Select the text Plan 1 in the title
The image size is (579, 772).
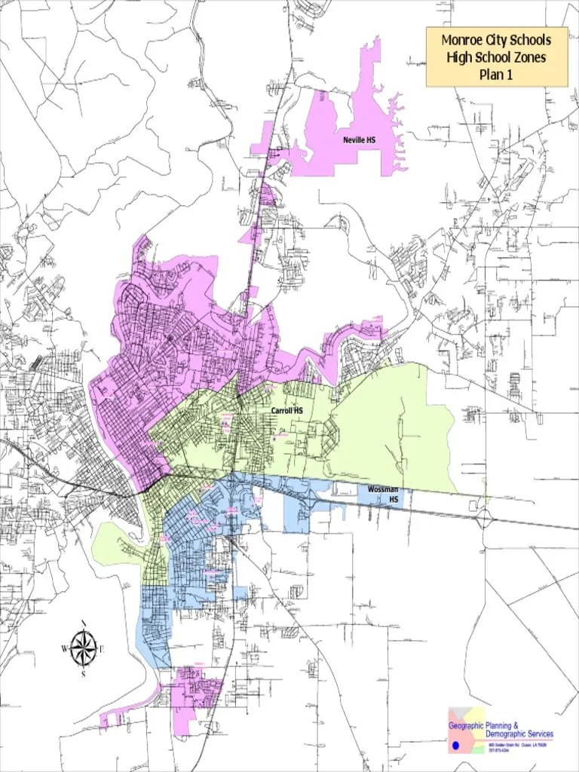point(496,74)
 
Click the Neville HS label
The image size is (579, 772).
point(359,140)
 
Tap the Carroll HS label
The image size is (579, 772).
point(287,410)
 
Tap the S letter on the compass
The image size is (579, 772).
point(83,674)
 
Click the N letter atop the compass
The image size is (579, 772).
point(83,623)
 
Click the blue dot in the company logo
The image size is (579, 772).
point(455,745)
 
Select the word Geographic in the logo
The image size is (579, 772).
point(467,725)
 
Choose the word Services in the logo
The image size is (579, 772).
point(542,734)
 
